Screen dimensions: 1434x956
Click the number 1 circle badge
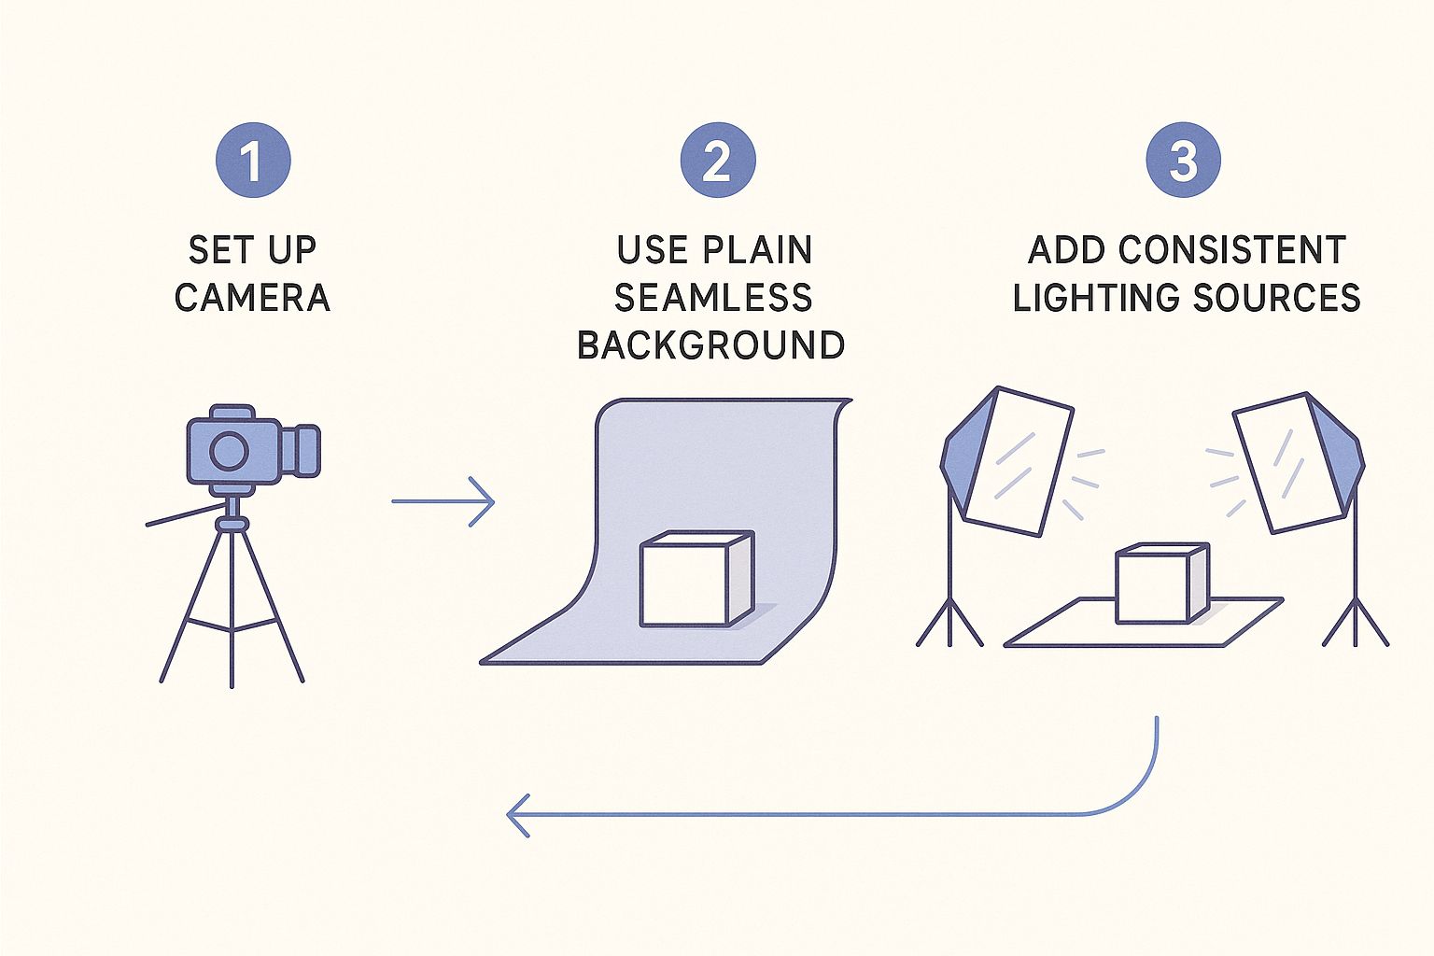[252, 161]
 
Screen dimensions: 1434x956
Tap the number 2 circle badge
[717, 161]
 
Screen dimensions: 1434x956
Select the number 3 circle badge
[1183, 161]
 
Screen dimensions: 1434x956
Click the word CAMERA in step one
[252, 298]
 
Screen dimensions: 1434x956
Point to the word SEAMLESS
[713, 298]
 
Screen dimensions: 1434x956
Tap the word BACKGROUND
[711, 345]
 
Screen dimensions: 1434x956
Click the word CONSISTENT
[1231, 250]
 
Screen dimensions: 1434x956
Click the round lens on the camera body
[229, 451]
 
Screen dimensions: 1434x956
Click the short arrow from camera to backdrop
[443, 502]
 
